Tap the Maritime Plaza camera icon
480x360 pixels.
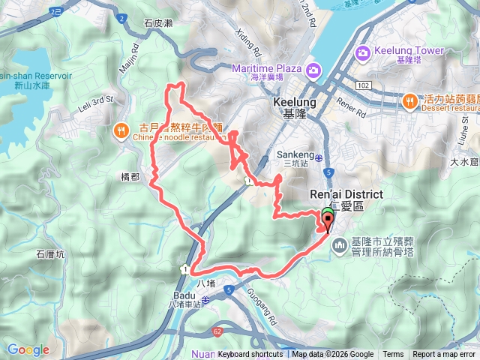(x=313, y=70)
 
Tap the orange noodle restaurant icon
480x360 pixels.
(x=121, y=130)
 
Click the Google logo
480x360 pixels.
(x=28, y=349)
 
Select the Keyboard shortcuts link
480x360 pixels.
(x=250, y=355)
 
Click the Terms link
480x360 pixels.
(x=393, y=355)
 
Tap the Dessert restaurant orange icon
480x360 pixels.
(x=409, y=100)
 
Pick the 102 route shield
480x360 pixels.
(x=364, y=85)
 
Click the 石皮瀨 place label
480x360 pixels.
(x=158, y=24)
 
